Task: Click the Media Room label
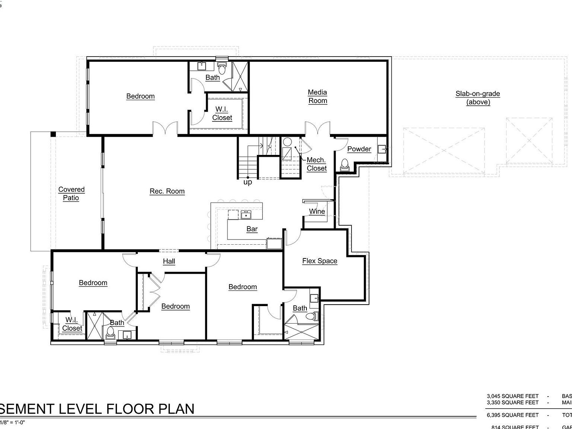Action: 317,96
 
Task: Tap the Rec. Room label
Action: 167,191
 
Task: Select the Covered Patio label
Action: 71,194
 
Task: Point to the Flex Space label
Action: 320,261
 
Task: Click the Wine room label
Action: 317,212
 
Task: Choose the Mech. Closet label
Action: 317,164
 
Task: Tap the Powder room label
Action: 359,149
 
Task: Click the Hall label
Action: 169,261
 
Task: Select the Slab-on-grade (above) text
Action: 478,98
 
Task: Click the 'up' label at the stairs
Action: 248,182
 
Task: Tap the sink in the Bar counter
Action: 246,215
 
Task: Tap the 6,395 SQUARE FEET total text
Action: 512,415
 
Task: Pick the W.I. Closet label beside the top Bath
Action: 222,114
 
